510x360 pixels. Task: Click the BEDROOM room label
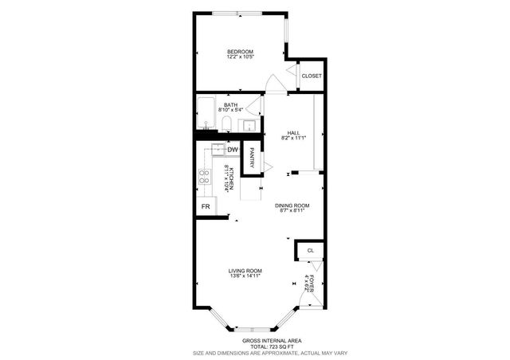click(240, 52)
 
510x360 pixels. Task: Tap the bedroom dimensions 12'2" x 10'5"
click(240, 57)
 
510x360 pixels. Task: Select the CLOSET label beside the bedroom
click(311, 76)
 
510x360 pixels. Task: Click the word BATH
click(229, 104)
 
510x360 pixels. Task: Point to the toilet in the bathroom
click(226, 123)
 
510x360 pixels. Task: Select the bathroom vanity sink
click(249, 124)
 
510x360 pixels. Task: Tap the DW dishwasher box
click(233, 150)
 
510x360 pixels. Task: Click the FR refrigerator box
click(205, 206)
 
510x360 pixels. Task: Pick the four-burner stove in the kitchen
click(204, 177)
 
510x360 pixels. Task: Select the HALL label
click(292, 133)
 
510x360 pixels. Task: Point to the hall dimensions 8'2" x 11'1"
click(292, 139)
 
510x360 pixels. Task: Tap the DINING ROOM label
click(292, 205)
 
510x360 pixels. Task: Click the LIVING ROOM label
click(245, 271)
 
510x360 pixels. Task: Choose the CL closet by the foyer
click(311, 251)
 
